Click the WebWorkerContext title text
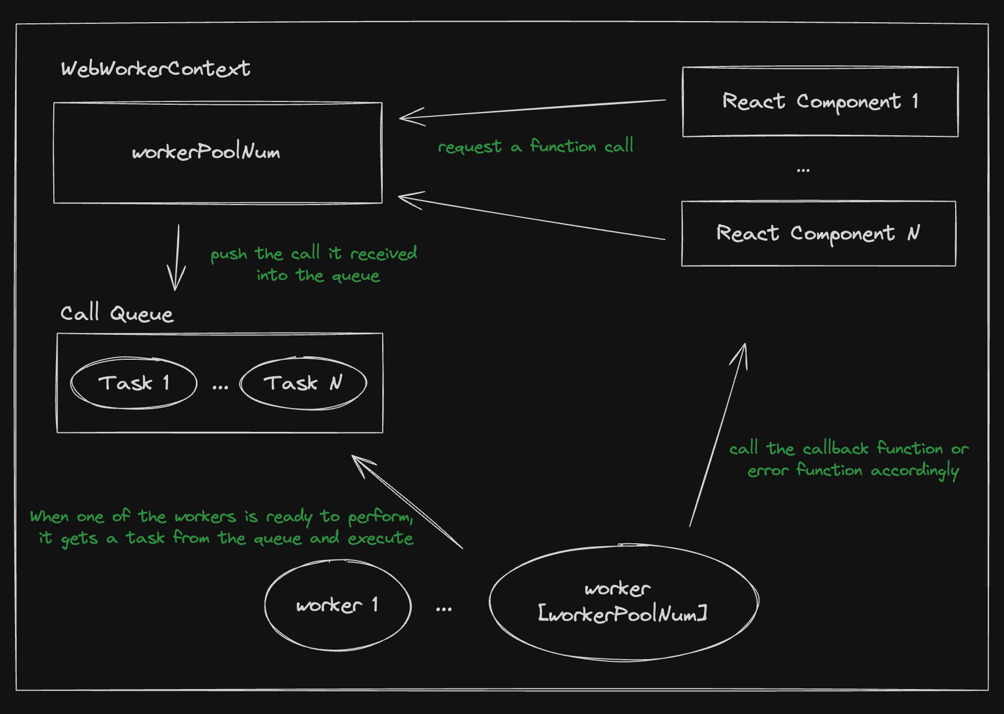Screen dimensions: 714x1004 [155, 69]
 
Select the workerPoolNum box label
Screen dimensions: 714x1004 [206, 152]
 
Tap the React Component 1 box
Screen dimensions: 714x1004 [820, 101]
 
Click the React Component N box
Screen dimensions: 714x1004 [818, 233]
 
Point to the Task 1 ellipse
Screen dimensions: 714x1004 [134, 383]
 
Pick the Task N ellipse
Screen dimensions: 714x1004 [303, 383]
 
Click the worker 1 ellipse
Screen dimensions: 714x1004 [337, 605]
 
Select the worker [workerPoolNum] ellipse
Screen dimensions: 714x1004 [623, 603]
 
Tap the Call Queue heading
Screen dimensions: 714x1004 [116, 314]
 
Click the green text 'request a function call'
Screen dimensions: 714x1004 [535, 146]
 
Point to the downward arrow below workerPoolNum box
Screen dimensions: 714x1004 [177, 258]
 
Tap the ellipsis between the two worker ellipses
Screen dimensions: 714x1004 [443, 609]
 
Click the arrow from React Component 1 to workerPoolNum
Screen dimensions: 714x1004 [533, 109]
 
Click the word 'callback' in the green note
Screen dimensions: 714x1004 [835, 448]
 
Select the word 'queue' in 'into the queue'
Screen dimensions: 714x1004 [356, 276]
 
